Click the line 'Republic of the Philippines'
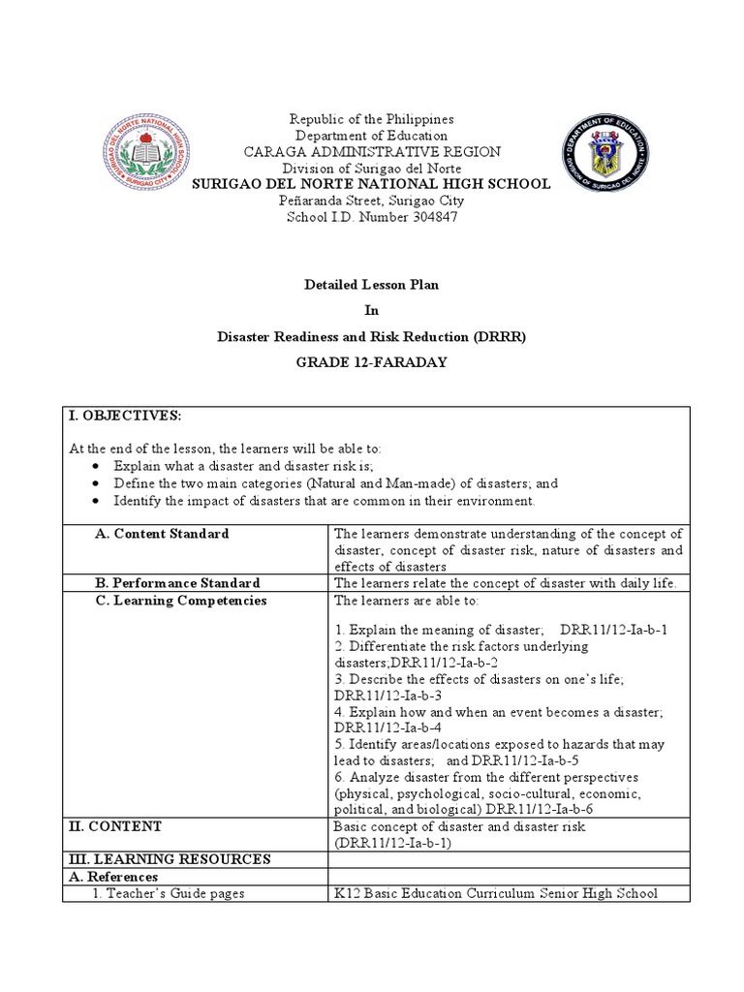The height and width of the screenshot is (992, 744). (372, 118)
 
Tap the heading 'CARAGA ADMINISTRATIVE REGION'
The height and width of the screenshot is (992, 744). (372, 151)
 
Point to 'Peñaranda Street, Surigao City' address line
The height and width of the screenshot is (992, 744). (372, 201)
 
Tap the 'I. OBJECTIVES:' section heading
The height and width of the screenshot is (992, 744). (125, 416)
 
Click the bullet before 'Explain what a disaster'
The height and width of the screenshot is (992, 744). (95, 466)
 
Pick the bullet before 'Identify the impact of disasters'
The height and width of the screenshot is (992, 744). (95, 501)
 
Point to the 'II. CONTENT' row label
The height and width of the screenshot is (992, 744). (114, 826)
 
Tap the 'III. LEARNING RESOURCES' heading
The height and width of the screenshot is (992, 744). (169, 859)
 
